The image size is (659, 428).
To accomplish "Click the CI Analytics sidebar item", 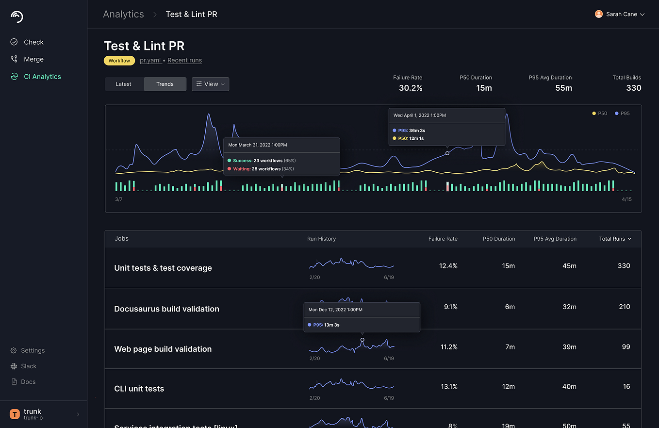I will (x=42, y=77).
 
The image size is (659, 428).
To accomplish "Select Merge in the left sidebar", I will (x=33, y=59).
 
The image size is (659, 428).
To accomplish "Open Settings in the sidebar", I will (x=33, y=350).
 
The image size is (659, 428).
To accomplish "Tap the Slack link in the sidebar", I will (x=29, y=366).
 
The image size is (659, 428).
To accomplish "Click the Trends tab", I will (x=165, y=84).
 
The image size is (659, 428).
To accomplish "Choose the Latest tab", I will (x=124, y=84).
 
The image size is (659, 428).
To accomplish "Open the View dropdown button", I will (x=210, y=84).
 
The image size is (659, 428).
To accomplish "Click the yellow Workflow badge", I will (x=119, y=61).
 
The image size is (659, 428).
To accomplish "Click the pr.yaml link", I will (x=150, y=61).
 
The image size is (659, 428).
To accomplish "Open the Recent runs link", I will (x=184, y=61).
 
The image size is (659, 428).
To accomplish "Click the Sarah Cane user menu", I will (x=620, y=14).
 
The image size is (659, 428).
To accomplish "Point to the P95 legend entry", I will (x=623, y=114).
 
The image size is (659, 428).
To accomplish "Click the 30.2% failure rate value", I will (x=411, y=88).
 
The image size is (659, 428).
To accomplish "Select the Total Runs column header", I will (x=615, y=239).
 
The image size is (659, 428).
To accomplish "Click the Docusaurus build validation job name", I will (x=166, y=309).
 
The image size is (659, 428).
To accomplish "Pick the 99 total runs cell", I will (x=626, y=347).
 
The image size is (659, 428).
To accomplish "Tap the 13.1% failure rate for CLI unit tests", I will (x=448, y=387).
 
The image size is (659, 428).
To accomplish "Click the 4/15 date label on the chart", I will (x=626, y=199).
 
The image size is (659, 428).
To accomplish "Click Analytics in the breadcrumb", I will (x=123, y=14).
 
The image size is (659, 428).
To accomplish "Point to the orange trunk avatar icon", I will (x=15, y=414).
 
